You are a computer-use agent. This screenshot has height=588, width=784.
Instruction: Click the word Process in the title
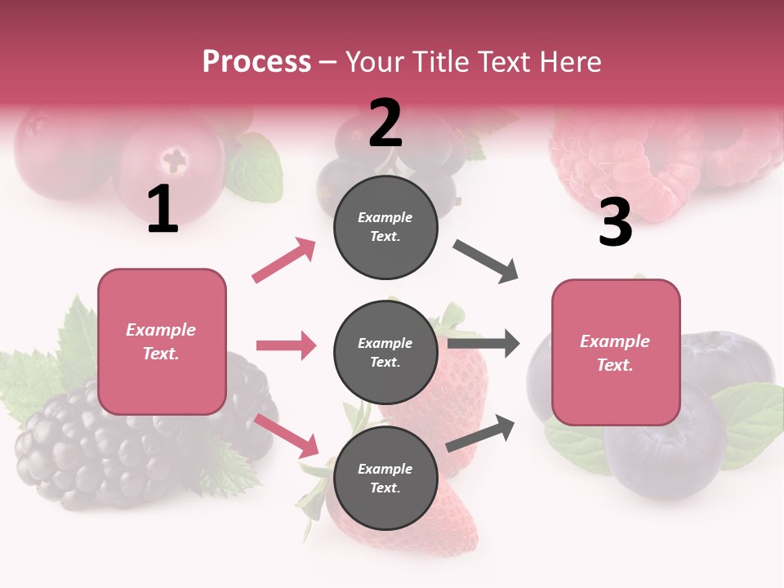(x=256, y=61)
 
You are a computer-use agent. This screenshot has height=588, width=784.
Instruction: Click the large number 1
(x=163, y=210)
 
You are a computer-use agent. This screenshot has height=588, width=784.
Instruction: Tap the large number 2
(x=385, y=123)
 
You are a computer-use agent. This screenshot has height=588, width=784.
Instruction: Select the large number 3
(x=615, y=223)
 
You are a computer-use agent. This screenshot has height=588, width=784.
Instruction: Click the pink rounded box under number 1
(x=162, y=341)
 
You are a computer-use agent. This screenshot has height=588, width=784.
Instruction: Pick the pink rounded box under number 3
(x=616, y=352)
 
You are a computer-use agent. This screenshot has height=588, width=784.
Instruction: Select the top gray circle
(x=385, y=227)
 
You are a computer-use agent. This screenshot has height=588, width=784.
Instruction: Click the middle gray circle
(x=385, y=352)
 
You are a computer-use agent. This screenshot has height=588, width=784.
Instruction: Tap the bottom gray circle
(x=385, y=478)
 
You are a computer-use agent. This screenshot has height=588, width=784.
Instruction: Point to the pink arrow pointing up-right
(x=284, y=261)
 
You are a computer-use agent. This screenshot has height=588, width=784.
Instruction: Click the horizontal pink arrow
(x=286, y=345)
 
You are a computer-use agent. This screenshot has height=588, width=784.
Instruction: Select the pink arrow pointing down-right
(x=287, y=435)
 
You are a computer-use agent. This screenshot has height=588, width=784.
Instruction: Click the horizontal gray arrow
(x=483, y=344)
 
